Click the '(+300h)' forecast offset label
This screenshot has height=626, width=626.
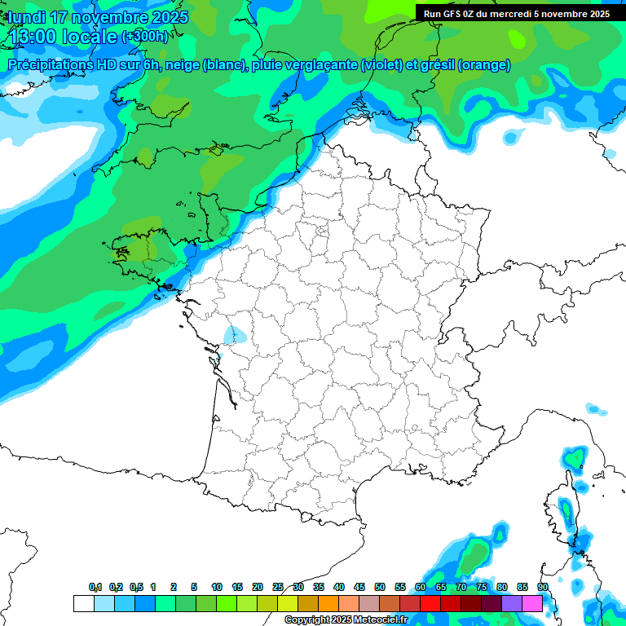click(145, 37)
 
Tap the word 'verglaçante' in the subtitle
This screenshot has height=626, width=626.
click(324, 65)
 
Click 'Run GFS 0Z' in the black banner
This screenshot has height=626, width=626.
click(451, 14)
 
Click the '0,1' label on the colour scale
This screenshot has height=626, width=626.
click(95, 587)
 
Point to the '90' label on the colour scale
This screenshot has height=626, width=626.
click(542, 587)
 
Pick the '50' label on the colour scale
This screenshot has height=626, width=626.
click(380, 587)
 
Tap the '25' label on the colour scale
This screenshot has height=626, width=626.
click(278, 587)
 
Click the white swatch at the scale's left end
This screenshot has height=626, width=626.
click(83, 603)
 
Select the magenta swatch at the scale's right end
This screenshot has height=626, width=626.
click(532, 603)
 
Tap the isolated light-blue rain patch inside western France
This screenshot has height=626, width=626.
click(236, 334)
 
